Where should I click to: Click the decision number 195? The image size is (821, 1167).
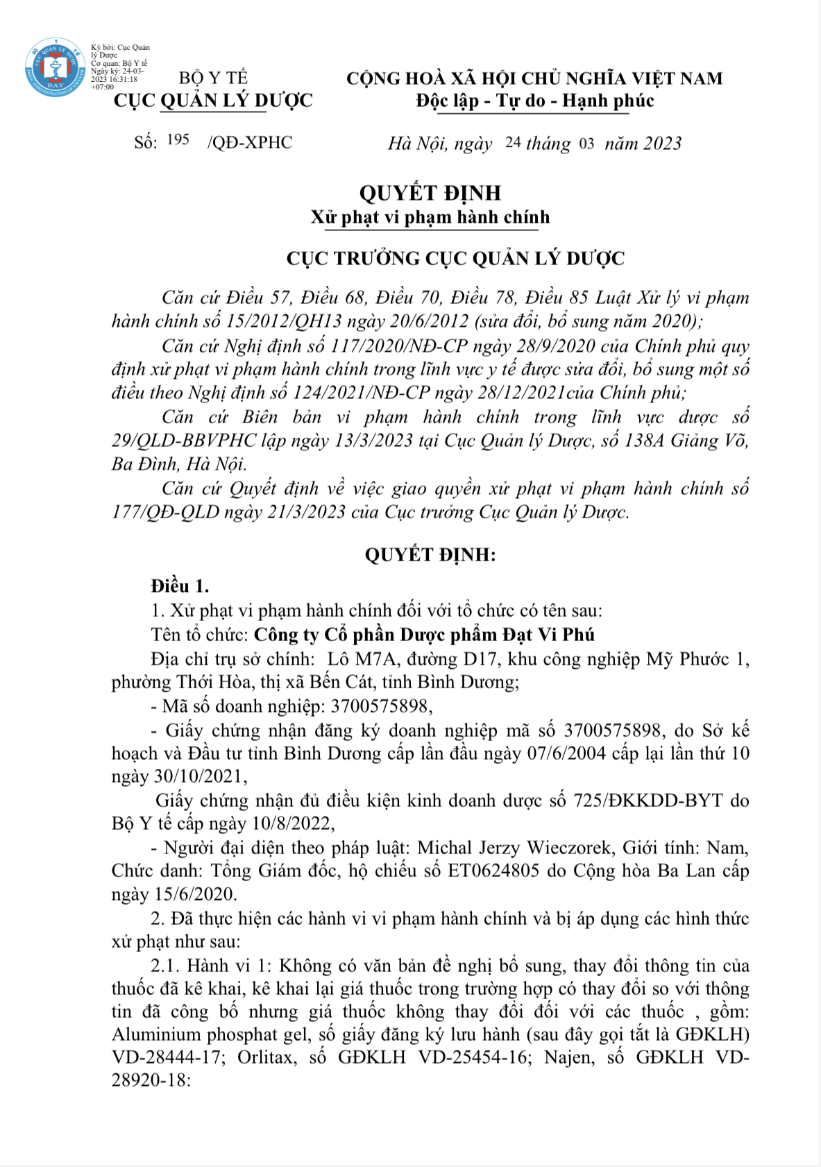pos(178,140)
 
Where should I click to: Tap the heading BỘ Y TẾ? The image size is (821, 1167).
pos(213,78)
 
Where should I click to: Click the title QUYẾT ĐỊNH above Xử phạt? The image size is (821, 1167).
pos(430,192)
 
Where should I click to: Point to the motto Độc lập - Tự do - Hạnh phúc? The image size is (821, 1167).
pos(534,101)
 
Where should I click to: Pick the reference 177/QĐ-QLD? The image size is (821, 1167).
pos(165,512)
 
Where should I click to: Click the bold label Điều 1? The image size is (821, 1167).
pos(180,586)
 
